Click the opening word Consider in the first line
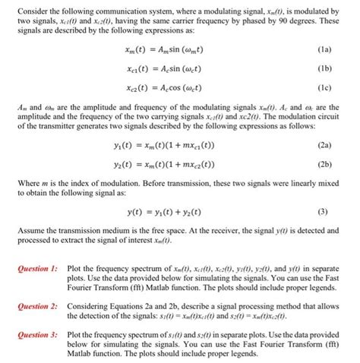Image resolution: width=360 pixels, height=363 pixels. tap(32, 8)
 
